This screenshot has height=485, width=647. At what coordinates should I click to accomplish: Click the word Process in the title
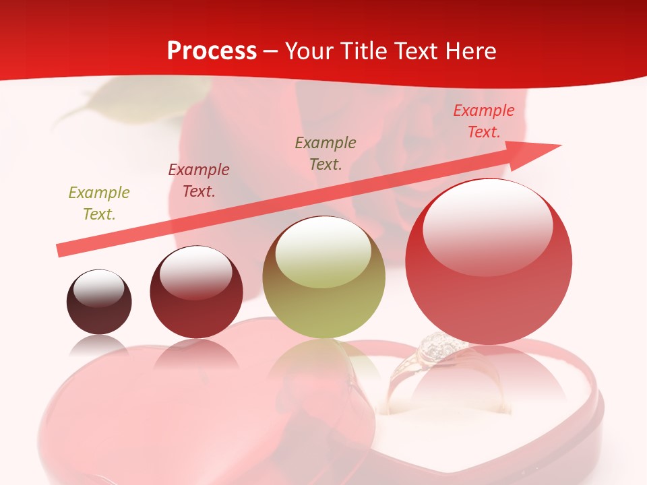[x=212, y=51]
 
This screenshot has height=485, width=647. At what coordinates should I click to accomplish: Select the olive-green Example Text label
[x=98, y=203]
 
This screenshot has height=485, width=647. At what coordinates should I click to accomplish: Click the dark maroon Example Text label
[x=198, y=181]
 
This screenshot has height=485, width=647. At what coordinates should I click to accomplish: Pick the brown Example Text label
[x=325, y=153]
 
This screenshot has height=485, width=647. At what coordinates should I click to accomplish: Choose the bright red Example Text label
[x=483, y=121]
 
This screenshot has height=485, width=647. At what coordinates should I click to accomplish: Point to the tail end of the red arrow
[x=61, y=251]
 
